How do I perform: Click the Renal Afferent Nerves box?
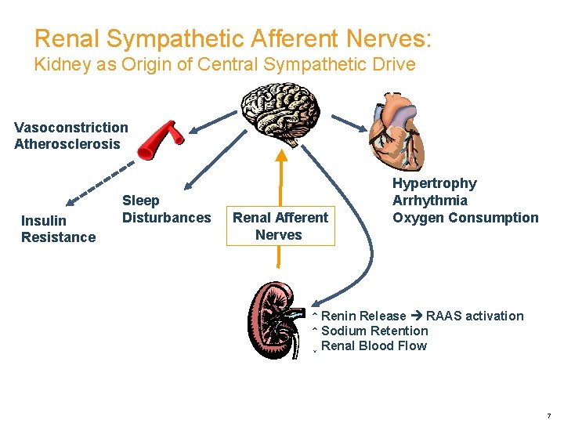280,226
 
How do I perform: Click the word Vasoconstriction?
71,127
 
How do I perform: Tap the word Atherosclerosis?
67,143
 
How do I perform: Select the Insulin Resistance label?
58,229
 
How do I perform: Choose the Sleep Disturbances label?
166,209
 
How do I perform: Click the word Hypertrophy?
434,183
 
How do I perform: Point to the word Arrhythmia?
429,201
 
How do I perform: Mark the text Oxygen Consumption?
465,218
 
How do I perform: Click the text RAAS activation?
475,316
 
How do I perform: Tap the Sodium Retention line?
374,331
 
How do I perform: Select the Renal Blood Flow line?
374,346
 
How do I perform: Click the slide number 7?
548,414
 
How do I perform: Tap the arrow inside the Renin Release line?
416,316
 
